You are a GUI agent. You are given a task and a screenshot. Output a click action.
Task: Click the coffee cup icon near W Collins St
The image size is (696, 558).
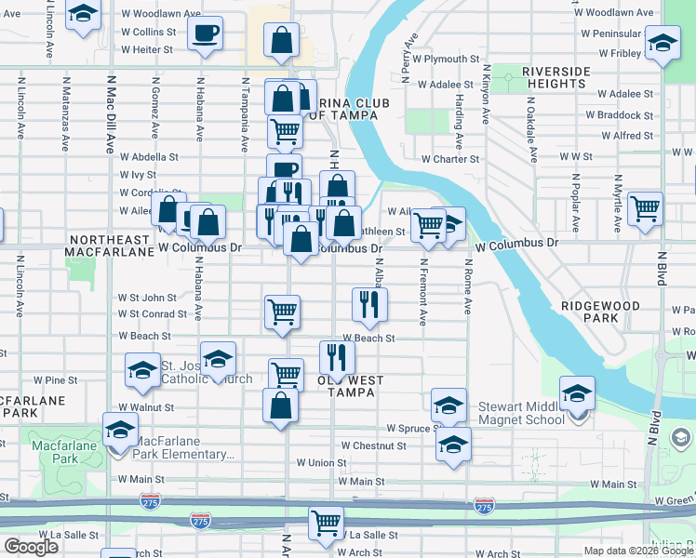[204, 34]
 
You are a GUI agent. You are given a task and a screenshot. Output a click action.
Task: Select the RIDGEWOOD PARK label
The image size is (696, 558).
[600, 312]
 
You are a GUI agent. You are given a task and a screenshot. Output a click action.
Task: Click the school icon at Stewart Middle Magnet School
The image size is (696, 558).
[577, 393]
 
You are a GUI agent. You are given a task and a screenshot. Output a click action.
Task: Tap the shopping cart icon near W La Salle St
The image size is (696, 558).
[326, 524]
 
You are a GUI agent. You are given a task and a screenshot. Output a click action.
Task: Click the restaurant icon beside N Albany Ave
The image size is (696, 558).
[369, 303]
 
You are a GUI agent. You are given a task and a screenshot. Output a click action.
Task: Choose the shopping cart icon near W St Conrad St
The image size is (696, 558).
[282, 312]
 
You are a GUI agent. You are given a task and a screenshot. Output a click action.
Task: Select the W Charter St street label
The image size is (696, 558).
[449, 159]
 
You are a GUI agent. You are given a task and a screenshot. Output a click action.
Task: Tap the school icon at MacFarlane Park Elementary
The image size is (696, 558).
[120, 432]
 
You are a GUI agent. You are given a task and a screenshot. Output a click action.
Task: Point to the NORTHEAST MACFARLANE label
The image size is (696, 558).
[110, 246]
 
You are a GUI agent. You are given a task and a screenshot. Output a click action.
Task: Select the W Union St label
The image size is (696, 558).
[321, 462]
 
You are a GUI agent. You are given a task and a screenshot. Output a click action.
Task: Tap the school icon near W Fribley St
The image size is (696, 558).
[663, 44]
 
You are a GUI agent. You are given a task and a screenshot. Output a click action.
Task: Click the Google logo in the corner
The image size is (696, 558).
[31, 546]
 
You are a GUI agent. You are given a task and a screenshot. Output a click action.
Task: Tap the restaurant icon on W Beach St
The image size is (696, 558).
[336, 356]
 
